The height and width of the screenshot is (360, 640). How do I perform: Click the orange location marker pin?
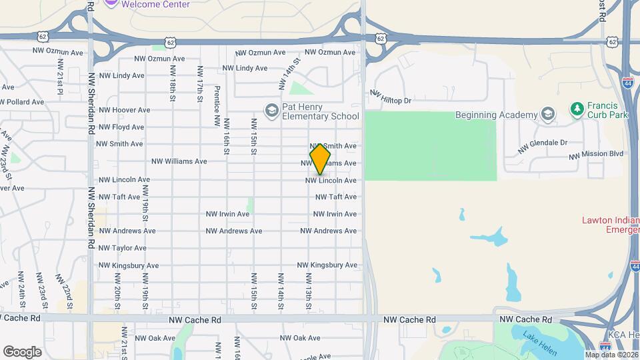321,159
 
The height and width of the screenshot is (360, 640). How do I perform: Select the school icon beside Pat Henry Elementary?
271,110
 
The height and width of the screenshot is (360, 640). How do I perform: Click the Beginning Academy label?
497,115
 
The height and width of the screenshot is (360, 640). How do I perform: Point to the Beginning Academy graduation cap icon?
547,114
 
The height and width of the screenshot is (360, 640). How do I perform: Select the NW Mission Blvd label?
596,154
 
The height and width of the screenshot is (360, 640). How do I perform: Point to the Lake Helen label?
536,337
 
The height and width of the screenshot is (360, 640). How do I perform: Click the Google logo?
22,351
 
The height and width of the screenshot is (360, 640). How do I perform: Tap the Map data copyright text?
611,355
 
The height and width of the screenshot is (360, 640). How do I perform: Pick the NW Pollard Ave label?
22,102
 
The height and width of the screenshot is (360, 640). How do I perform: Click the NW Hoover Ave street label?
125,110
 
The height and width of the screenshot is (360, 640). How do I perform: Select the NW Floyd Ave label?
121,127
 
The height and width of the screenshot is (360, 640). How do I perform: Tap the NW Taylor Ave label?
123,248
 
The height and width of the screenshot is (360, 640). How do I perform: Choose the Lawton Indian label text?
610,220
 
